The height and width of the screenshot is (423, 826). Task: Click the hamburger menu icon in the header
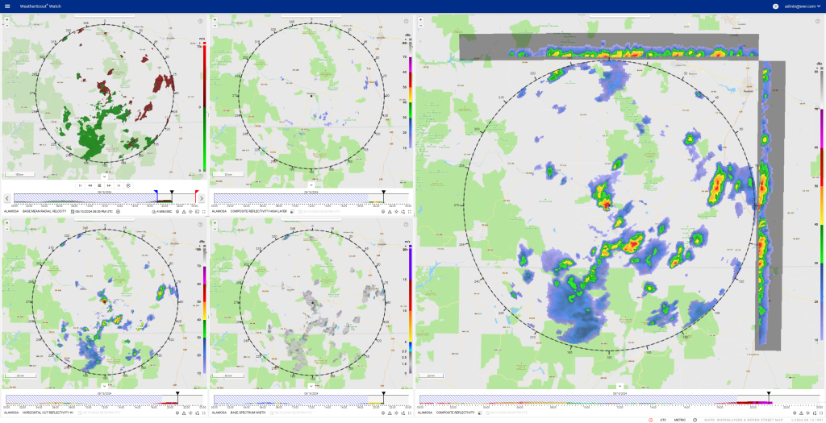[7, 6]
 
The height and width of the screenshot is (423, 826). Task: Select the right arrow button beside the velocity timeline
[202, 198]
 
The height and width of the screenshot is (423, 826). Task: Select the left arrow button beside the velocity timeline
[7, 198]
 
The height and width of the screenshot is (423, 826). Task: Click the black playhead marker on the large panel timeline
[769, 393]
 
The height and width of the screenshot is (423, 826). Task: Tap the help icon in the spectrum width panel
[406, 224]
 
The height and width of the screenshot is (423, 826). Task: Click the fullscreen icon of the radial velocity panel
[203, 211]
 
